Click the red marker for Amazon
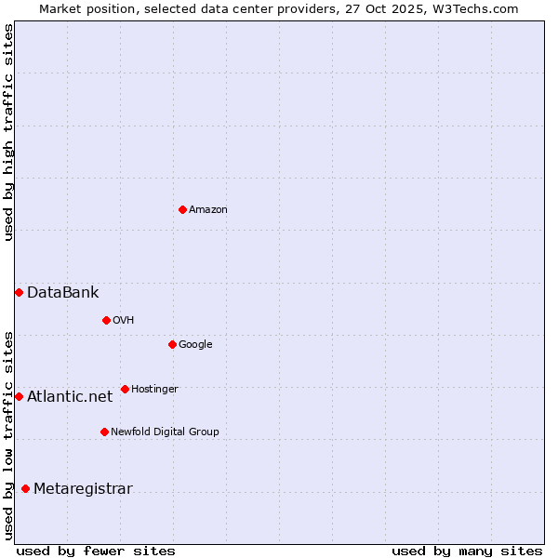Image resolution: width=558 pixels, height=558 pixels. click(182, 209)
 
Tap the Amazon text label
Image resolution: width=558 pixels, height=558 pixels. click(208, 210)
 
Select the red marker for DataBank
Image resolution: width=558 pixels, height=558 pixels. click(19, 292)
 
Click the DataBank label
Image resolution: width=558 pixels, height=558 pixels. click(62, 293)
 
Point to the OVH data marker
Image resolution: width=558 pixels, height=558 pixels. click(106, 320)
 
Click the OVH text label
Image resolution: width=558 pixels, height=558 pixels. click(124, 321)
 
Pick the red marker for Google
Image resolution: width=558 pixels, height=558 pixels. click(172, 344)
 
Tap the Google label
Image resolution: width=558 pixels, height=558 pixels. click(195, 345)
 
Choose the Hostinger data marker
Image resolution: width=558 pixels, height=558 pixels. click(125, 389)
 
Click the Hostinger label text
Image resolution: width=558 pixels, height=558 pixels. click(154, 390)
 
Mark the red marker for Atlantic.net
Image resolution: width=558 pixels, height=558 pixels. click(19, 396)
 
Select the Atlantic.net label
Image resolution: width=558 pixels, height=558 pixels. click(70, 397)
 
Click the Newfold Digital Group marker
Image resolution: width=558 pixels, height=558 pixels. click(104, 432)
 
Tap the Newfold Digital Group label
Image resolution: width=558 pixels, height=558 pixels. click(165, 432)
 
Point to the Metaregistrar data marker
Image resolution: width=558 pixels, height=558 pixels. click(25, 488)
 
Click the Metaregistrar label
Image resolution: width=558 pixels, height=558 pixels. click(83, 489)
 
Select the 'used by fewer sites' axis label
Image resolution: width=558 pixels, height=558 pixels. click(96, 551)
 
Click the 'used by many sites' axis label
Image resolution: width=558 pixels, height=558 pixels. click(467, 551)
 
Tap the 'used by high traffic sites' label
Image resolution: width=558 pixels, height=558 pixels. click(8, 132)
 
